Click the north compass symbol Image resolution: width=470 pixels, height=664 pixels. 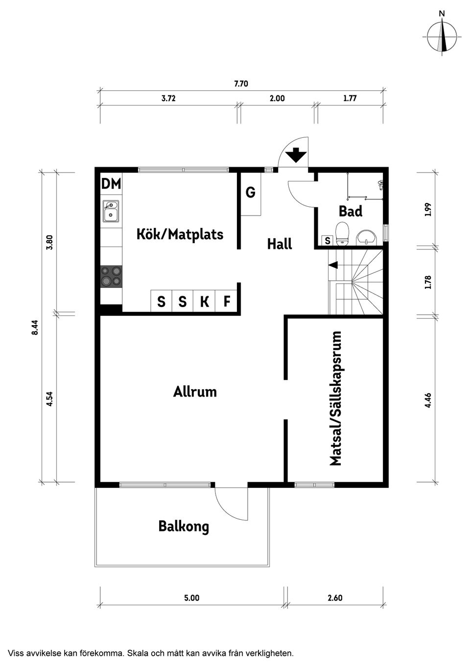(442, 37)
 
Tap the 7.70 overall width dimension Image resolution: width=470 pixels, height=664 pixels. (241, 84)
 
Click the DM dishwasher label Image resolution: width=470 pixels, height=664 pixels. (111, 183)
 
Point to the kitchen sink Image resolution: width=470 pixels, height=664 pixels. (111, 211)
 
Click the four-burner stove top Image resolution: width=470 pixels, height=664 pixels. (111, 276)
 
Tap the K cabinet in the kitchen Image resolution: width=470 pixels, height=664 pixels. (204, 301)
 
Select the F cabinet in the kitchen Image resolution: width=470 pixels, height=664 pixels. (226, 301)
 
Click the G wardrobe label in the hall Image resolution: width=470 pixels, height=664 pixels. (251, 192)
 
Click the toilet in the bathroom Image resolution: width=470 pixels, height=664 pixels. (342, 234)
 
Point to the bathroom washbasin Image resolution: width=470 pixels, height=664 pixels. (366, 238)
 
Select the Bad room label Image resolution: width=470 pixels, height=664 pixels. (351, 211)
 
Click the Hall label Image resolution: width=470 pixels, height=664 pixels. (280, 243)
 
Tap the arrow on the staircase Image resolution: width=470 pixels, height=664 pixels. (333, 265)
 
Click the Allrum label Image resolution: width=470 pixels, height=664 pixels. (195, 392)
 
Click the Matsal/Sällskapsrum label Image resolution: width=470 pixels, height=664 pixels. (336, 398)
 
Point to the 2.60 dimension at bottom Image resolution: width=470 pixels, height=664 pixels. (335, 598)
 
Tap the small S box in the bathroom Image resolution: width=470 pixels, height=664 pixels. (328, 241)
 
